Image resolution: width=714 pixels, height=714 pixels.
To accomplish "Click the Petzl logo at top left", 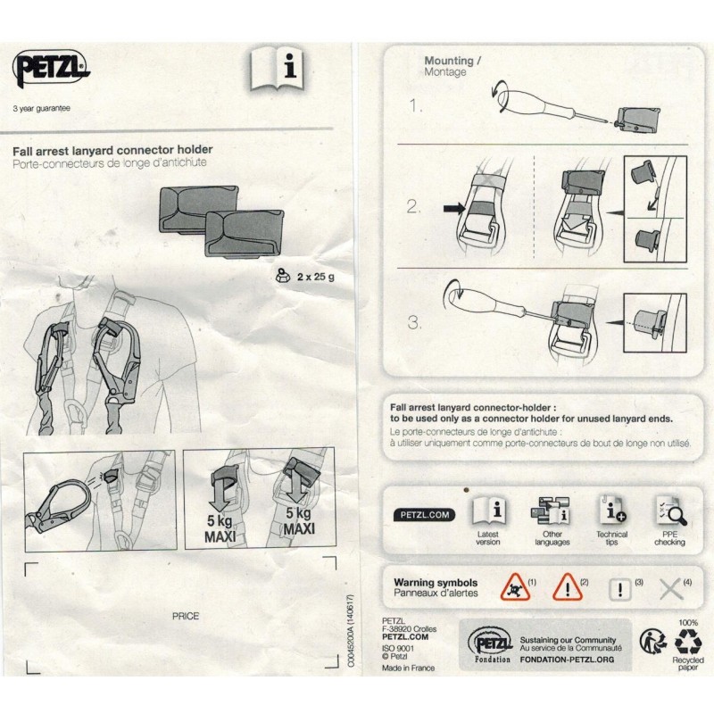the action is tap(51, 69).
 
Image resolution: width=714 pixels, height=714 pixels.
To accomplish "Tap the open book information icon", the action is tap(277, 69).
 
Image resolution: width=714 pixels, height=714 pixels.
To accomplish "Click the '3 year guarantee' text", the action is tap(41, 109).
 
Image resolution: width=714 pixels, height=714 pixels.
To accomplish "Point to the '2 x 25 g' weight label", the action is tap(316, 277).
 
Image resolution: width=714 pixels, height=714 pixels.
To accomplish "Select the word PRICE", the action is tap(186, 616).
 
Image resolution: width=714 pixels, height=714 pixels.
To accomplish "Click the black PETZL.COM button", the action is tap(425, 515).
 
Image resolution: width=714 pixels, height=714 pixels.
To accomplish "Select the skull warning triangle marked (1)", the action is tap(515, 587).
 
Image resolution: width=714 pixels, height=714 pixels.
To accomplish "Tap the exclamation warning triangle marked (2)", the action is tap(568, 587).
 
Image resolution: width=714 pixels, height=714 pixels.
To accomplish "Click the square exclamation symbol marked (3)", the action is tap(619, 590).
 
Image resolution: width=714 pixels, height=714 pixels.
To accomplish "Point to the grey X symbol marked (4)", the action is tap(671, 589).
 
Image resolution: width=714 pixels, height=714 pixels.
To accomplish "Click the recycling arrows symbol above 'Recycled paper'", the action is tap(688, 641).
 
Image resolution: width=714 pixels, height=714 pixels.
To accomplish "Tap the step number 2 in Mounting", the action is tap(413, 207).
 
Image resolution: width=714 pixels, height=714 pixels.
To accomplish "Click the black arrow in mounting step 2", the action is tap(454, 209).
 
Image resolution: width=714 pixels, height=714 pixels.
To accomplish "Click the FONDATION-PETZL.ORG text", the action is tap(567, 659).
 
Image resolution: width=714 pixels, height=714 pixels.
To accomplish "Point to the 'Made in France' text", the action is tap(408, 668).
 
